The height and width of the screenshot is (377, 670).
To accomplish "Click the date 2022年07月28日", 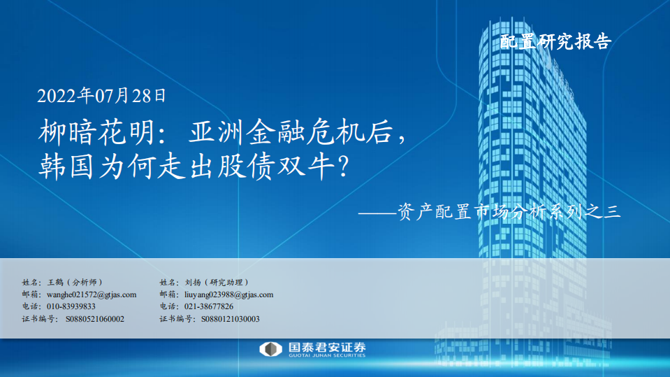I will click(x=102, y=94).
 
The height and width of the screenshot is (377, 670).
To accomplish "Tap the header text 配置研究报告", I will click(x=556, y=42).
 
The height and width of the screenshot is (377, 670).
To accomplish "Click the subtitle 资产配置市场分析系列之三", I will click(x=509, y=211).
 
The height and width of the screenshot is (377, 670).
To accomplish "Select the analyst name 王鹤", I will click(x=54, y=282).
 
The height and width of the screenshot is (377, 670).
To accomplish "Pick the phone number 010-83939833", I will click(x=71, y=306).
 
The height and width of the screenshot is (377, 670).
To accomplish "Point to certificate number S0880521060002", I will click(x=95, y=319).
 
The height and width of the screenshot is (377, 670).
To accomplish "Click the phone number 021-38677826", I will click(x=209, y=306).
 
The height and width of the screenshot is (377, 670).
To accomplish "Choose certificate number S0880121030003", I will click(x=230, y=319).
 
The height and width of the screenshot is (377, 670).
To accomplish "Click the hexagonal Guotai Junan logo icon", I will click(x=270, y=349).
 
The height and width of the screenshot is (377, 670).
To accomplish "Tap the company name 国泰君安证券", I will click(x=327, y=346).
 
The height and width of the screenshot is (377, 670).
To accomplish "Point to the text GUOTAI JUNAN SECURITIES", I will click(x=327, y=356).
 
